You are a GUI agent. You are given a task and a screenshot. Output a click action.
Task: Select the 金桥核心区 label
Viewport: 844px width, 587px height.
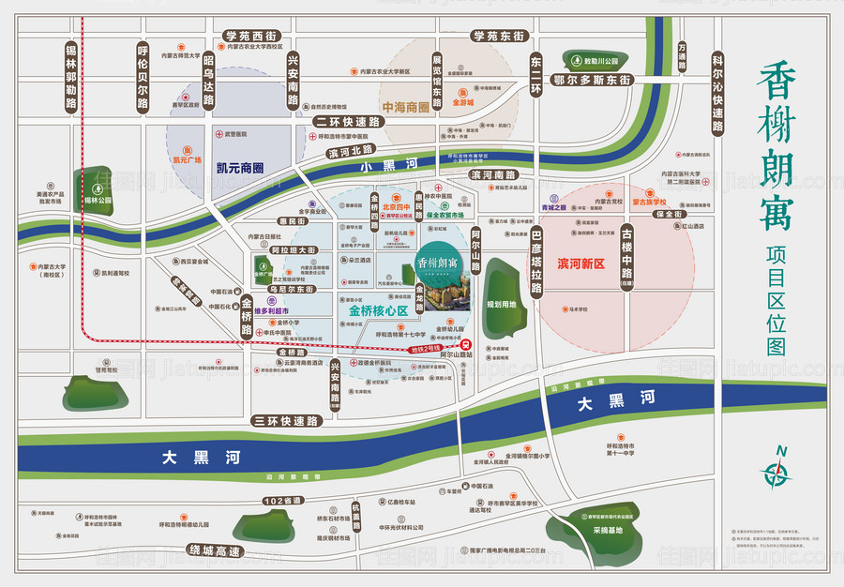pyautogui.click(x=379, y=309)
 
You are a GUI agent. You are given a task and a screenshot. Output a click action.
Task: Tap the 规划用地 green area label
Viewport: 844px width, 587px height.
pyautogui.click(x=503, y=305)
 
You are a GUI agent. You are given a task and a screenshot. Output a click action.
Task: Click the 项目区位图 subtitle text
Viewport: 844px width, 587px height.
pyautogui.click(x=776, y=300)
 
